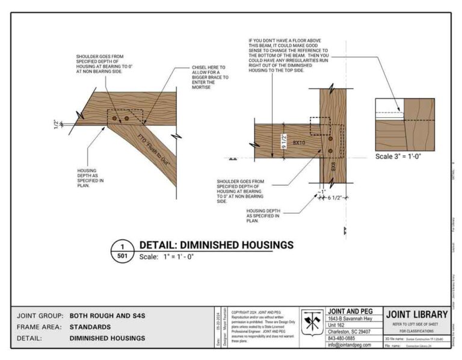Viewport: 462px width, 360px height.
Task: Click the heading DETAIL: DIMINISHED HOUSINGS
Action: coord(216,245)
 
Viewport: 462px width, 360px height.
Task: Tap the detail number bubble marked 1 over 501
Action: coord(122,251)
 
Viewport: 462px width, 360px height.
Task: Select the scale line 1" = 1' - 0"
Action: coord(167,256)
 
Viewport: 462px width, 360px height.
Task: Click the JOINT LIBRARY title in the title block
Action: coord(417,314)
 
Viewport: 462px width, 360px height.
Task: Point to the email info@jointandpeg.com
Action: coord(353,345)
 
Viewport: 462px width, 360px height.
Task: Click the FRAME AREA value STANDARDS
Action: coord(90,327)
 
